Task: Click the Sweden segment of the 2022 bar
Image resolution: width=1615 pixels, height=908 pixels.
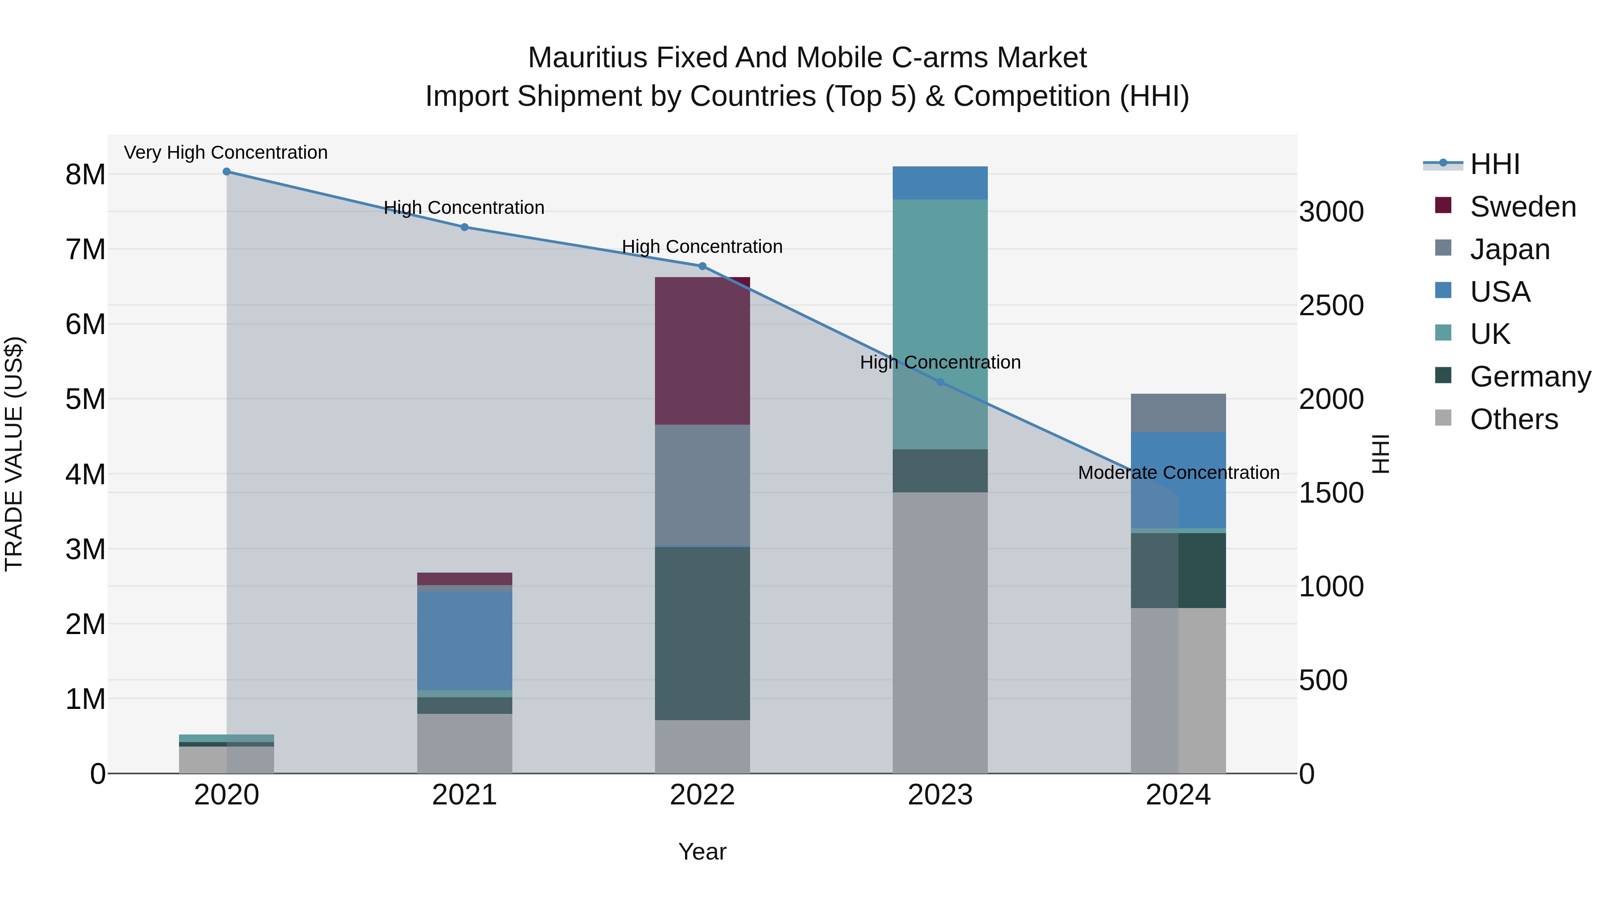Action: [x=702, y=351]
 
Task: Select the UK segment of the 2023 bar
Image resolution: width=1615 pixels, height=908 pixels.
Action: [x=940, y=324]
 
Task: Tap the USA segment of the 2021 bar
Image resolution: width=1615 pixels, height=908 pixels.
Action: [x=465, y=640]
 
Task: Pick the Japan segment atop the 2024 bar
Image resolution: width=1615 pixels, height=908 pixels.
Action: [x=1178, y=413]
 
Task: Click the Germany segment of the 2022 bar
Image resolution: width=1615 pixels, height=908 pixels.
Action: [x=702, y=633]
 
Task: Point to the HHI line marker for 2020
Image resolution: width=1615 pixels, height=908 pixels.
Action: [x=227, y=172]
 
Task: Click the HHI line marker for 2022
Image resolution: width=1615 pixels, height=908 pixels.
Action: [x=702, y=266]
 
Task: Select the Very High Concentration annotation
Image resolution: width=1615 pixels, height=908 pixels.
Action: [x=226, y=153]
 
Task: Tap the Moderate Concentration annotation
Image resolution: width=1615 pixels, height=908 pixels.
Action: [x=1178, y=473]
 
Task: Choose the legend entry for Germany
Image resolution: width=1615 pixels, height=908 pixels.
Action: [x=1530, y=377]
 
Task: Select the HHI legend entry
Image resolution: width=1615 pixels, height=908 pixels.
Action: [x=1495, y=164]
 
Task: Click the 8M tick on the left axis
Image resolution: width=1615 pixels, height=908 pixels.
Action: [x=85, y=175]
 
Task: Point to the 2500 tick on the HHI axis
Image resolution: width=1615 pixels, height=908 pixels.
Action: [x=1331, y=306]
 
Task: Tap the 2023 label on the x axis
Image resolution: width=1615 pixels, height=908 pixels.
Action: [x=940, y=795]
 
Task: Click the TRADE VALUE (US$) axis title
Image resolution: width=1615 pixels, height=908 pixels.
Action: [x=14, y=454]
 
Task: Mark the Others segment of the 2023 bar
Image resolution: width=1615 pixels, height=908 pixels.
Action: [x=940, y=633]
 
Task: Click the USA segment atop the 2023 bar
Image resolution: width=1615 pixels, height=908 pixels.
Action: [x=940, y=183]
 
